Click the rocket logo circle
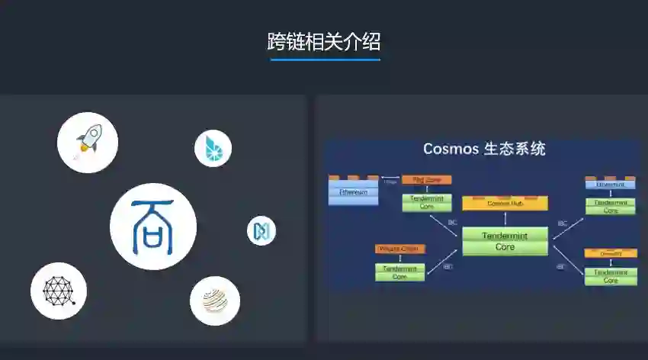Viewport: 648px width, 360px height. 88,142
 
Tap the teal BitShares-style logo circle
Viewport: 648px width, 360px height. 213,149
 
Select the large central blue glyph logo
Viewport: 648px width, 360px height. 153,227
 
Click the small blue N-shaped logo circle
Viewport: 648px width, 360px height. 261,231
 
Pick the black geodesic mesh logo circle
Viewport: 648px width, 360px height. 59,291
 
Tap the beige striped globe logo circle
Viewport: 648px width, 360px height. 215,301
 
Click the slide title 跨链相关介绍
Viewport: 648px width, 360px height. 324,41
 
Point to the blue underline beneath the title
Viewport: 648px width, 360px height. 325,59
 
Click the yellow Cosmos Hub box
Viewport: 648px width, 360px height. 505,204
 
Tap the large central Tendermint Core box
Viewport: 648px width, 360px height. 505,241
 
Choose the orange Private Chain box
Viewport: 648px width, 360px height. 400,249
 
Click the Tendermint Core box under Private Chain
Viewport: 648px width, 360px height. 400,272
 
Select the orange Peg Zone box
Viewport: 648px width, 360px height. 427,180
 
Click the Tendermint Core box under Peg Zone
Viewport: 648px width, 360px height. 427,202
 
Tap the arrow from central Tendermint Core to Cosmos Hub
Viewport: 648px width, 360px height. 505,219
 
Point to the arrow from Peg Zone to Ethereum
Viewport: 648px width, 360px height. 390,181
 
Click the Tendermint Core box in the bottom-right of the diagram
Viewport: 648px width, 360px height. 611,275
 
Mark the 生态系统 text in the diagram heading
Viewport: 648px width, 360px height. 515,149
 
